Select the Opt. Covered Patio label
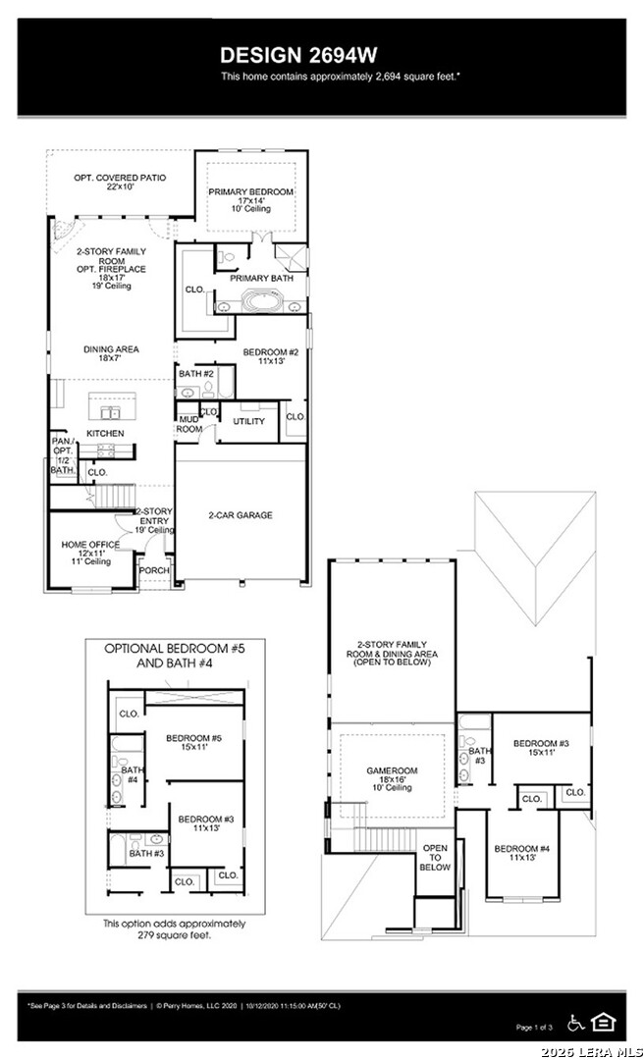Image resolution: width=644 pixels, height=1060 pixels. pyautogui.click(x=120, y=178)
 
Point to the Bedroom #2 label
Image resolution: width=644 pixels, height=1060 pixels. pyautogui.click(x=270, y=351)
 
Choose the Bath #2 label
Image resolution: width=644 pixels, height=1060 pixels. pyautogui.click(x=196, y=374)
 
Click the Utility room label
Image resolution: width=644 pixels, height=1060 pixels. pyautogui.click(x=248, y=421)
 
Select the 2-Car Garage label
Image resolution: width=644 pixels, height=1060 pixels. pyautogui.click(x=240, y=514)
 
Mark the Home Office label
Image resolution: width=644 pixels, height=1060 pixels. pyautogui.click(x=90, y=545)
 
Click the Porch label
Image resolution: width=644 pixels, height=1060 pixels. pyautogui.click(x=154, y=570)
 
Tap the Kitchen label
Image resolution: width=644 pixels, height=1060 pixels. pyautogui.click(x=105, y=433)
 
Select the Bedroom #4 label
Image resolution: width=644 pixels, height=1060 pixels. pyautogui.click(x=521, y=848)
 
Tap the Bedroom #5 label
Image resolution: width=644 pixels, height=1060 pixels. pyautogui.click(x=192, y=738)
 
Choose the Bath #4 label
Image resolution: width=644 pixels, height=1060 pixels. pyautogui.click(x=130, y=774)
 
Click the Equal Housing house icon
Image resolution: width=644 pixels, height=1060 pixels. pyautogui.click(x=605, y=1023)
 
